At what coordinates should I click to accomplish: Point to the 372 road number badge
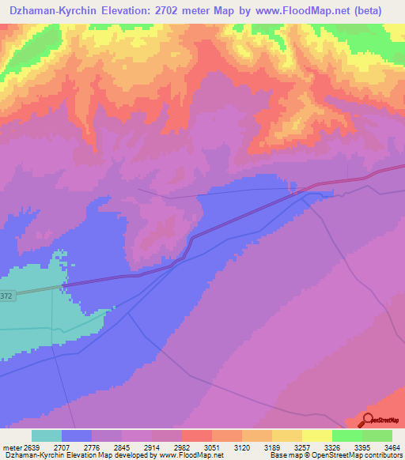coord(6,296)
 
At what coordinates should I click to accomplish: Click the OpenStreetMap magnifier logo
coord(366,420)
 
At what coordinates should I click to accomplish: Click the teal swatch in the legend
coord(46,435)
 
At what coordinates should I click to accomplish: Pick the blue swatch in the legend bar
coord(76,435)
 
